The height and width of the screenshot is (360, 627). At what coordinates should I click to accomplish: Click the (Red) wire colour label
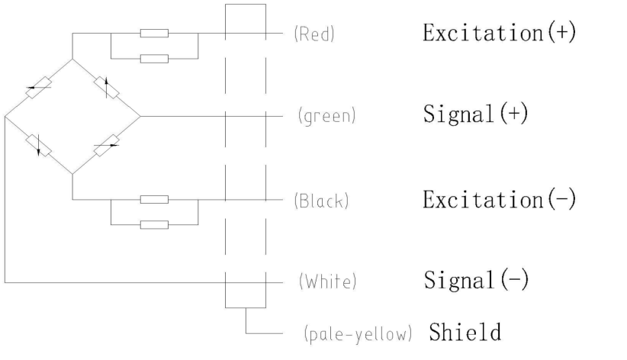[x=314, y=35]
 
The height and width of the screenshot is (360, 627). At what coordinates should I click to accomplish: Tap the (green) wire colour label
[x=327, y=117]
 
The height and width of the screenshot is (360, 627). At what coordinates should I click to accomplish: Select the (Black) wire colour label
[x=321, y=201]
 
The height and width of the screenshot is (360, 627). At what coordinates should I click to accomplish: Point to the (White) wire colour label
[x=326, y=282]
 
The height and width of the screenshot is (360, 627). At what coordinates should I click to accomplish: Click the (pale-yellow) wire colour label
[x=358, y=333]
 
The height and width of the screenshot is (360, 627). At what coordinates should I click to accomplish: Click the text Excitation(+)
[x=500, y=34]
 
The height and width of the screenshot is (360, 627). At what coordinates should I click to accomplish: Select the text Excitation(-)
[x=500, y=200]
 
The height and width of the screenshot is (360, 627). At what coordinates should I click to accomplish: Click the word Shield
[x=465, y=332]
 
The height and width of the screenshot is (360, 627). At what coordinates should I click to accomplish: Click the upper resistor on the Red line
[x=154, y=34]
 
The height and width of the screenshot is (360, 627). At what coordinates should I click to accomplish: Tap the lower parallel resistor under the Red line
[x=154, y=58]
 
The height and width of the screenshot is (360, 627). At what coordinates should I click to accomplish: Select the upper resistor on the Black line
[x=154, y=200]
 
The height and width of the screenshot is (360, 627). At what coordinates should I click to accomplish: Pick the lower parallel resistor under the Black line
[x=154, y=224]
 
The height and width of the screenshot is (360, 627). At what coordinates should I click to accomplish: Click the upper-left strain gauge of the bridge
[x=38, y=88]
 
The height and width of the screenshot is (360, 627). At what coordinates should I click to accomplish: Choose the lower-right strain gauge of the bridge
[x=107, y=144]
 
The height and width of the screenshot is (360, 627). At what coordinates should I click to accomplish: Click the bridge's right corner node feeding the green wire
[x=140, y=117]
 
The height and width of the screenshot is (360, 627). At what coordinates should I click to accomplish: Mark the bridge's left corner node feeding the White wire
[x=5, y=117]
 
